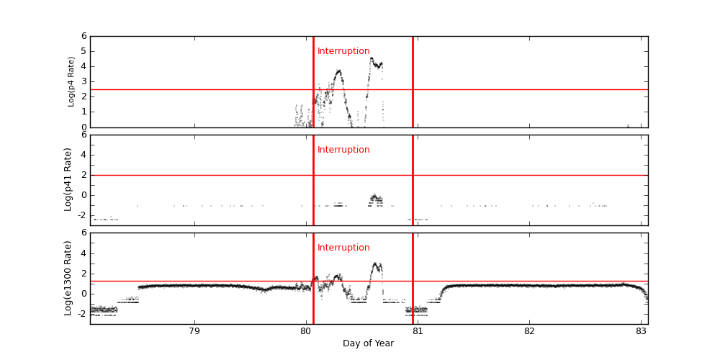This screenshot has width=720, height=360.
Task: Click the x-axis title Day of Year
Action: pyautogui.click(x=368, y=343)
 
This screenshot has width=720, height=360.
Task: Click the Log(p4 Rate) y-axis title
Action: pyautogui.click(x=71, y=81)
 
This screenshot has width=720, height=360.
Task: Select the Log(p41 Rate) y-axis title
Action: pyautogui.click(x=68, y=179)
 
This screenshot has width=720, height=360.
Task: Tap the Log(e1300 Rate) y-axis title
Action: pyautogui.click(x=68, y=278)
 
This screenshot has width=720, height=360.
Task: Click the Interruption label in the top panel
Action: pyautogui.click(x=343, y=51)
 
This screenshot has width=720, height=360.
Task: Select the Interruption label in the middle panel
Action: pyautogui.click(x=343, y=150)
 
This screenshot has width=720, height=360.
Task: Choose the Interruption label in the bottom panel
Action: pyautogui.click(x=343, y=248)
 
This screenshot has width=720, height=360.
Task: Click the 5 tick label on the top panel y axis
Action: pyautogui.click(x=84, y=51)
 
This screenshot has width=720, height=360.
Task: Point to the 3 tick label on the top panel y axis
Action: pyautogui.click(x=84, y=81)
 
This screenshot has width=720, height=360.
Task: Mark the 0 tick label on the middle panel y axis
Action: pyautogui.click(x=84, y=194)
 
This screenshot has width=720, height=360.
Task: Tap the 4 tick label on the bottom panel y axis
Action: pyautogui.click(x=84, y=253)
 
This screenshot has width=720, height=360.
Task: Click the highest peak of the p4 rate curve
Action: pyautogui.click(x=372, y=58)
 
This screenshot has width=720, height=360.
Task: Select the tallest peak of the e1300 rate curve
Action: pyautogui.click(x=376, y=264)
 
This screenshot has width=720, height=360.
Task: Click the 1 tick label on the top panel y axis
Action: pyautogui.click(x=84, y=112)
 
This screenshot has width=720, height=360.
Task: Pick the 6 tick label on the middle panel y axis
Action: pyautogui.click(x=84, y=135)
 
